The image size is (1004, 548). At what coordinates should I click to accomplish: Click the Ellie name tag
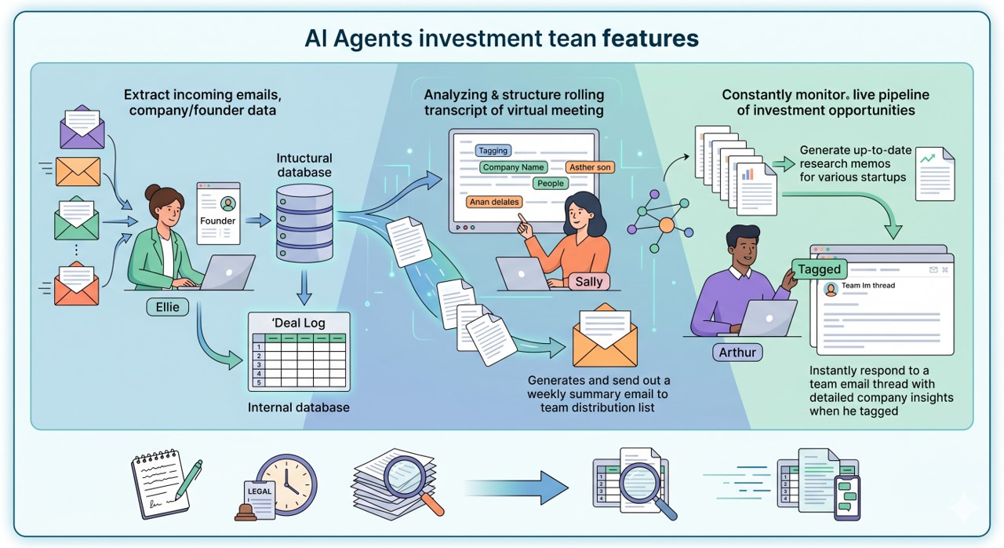pos(167,307)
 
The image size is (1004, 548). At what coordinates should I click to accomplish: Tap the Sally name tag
pos(589,282)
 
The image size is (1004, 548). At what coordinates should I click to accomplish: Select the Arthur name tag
pos(737,353)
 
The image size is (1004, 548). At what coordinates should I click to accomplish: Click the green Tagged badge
pos(820,269)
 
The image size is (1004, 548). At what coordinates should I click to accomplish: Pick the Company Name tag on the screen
pos(513,167)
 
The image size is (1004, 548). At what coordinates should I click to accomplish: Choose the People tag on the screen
pos(551,184)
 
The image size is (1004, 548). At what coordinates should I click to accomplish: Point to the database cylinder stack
pos(305,223)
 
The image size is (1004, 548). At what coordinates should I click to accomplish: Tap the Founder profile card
pos(218,213)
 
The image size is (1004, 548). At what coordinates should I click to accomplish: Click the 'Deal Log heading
pos(299,323)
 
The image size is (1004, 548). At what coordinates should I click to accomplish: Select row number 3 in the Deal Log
pos(259,364)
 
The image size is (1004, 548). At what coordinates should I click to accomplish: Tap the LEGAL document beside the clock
pos(259,499)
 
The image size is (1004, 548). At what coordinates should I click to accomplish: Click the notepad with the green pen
pos(166,484)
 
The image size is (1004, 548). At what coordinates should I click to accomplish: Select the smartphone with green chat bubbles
pos(846,498)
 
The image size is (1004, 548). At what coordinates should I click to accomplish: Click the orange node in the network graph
pos(667,225)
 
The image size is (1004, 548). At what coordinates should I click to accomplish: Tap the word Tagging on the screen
pos(493,151)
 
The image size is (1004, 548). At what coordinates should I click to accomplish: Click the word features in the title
pos(650,38)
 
